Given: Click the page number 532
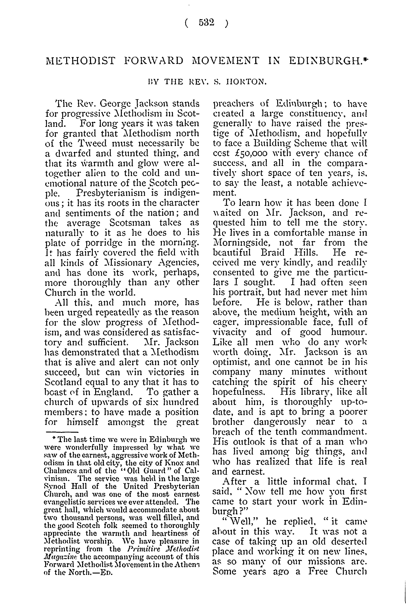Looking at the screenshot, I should [207, 23].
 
